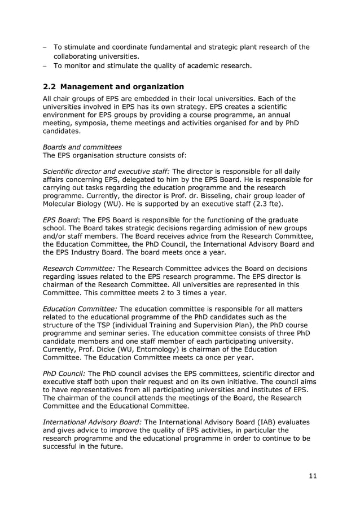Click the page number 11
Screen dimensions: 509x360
pos(313,476)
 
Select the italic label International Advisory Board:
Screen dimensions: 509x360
pos(93,422)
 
